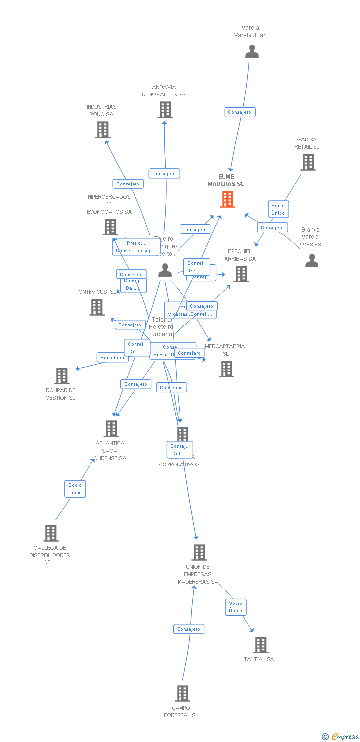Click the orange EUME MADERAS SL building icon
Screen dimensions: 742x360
point(227,199)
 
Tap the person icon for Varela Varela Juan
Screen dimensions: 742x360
point(252,51)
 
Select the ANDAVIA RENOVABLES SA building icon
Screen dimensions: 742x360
point(165,110)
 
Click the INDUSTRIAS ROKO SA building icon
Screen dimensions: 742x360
point(102,130)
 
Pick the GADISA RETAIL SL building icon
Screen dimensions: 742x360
point(308,162)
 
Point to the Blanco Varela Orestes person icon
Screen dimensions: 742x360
point(312,260)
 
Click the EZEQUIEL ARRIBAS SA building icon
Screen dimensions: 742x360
point(241,274)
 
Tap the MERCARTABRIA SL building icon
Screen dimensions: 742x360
point(226,369)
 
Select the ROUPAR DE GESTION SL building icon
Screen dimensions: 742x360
point(61,376)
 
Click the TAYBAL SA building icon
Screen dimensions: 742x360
point(260,645)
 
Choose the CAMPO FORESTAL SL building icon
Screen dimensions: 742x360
point(182,694)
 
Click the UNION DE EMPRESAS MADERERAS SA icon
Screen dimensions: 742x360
point(199,553)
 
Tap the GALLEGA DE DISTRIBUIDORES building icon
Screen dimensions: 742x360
point(51,533)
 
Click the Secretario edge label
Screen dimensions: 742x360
point(112,357)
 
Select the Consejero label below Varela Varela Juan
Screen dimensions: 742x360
point(240,112)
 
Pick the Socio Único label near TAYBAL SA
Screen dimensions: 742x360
point(236,607)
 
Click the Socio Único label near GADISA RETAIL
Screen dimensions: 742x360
point(278,209)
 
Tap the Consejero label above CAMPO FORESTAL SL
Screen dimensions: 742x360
point(188,629)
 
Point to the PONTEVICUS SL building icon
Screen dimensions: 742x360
point(97,307)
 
